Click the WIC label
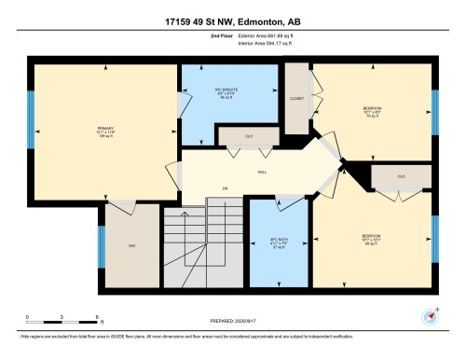click(x=132, y=246)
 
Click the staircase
click(x=206, y=247)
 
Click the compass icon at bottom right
click(x=430, y=315)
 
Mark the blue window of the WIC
click(x=101, y=248)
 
